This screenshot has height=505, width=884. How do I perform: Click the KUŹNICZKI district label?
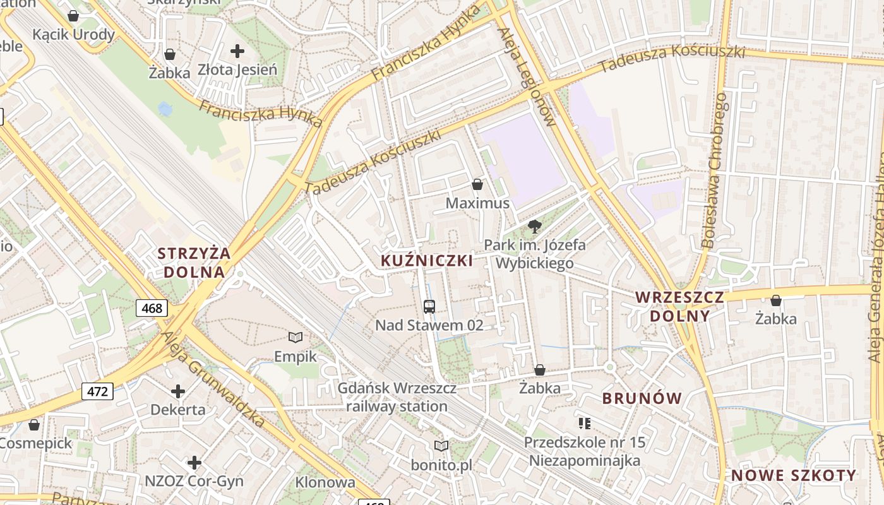[x=427, y=261]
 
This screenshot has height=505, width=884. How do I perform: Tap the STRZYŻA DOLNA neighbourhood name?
[x=194, y=263]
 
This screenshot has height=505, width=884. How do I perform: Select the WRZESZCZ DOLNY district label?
[x=679, y=306]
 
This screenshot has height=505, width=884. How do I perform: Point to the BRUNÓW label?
[x=642, y=398]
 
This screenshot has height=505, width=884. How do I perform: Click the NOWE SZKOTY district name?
[x=794, y=475]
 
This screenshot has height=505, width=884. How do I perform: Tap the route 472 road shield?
[x=97, y=391]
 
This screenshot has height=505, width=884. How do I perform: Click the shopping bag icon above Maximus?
[x=477, y=184]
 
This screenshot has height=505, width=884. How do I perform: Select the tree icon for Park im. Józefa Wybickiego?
[x=535, y=226]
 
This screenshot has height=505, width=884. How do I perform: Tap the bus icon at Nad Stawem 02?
[x=429, y=307]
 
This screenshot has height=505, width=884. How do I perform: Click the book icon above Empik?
[x=296, y=337]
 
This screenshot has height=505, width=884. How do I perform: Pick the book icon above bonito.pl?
[x=441, y=446]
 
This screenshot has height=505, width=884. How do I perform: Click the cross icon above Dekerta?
[x=178, y=391]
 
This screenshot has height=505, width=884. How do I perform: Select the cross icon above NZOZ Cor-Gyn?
[x=194, y=463]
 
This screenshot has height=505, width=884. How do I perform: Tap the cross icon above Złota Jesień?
[x=237, y=51]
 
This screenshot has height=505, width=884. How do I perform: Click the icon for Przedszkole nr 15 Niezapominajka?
[x=585, y=423]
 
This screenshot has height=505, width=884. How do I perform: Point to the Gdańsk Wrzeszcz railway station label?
[x=397, y=397]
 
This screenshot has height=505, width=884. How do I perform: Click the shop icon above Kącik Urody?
[x=73, y=16]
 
